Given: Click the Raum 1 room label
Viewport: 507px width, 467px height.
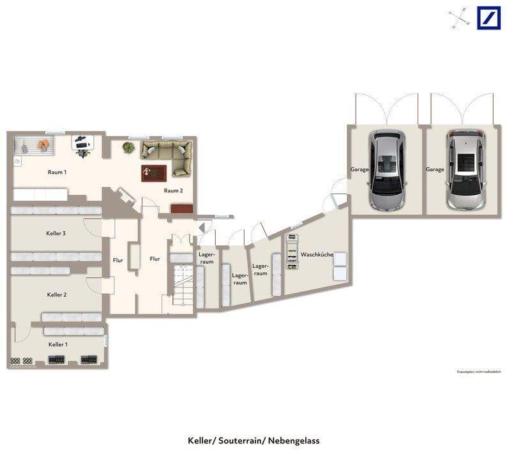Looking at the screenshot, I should [x=57, y=172].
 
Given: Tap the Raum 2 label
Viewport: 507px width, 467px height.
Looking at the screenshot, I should [x=173, y=190].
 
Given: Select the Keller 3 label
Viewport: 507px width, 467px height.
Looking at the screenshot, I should [x=56, y=234].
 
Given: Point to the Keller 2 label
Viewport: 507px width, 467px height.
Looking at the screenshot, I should [x=57, y=295].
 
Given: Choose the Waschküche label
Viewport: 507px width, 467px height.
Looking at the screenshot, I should [x=317, y=255].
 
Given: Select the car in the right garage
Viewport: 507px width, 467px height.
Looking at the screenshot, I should [x=465, y=169].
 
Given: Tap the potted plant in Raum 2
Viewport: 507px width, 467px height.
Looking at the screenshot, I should [x=129, y=148].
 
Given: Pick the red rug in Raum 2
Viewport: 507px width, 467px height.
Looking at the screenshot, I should [x=154, y=172].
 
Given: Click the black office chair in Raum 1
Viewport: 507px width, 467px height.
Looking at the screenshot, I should [x=82, y=144].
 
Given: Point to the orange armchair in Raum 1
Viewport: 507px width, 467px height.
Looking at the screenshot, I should [x=43, y=145].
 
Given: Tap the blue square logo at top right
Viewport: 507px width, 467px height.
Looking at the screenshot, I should [x=488, y=17].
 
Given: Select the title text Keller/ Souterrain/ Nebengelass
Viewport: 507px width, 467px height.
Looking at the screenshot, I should [x=253, y=441].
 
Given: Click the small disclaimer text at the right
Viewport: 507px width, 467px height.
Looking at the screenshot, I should [x=479, y=372].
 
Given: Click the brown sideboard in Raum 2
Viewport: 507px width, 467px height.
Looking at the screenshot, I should [x=181, y=208].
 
